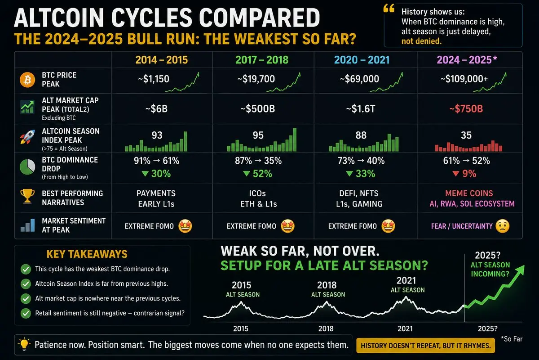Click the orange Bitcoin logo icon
(27, 80)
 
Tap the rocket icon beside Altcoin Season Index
(27, 137)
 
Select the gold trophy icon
(27, 196)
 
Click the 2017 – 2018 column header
(262, 60)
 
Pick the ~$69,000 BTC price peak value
(359, 79)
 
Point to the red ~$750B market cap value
(466, 109)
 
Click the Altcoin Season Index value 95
(258, 135)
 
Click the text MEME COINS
(469, 193)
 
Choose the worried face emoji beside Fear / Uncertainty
(503, 226)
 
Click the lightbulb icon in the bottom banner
(24, 344)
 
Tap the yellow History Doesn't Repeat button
(425, 346)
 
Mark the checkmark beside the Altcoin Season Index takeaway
(26, 284)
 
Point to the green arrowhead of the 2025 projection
(520, 270)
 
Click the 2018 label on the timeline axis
(326, 328)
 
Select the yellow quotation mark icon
(389, 9)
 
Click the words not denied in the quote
(421, 41)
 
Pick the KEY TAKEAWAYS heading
(87, 254)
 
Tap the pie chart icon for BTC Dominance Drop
(27, 167)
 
